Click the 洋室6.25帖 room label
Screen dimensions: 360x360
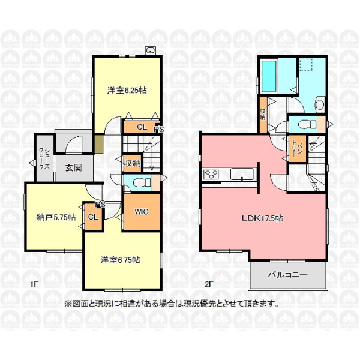[127, 90]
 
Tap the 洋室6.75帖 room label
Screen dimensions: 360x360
[121, 260]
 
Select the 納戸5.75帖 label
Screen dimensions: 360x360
[56, 217]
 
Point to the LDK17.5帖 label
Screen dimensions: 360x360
[262, 218]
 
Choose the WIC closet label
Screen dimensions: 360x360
[142, 212]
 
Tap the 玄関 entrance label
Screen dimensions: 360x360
[73, 168]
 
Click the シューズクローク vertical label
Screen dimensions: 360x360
[44, 158]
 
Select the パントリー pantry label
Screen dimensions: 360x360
[296, 149]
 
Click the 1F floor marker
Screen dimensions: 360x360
[34, 284]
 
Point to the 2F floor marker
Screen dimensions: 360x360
[209, 284]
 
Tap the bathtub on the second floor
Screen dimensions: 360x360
[269, 76]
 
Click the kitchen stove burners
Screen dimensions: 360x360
[211, 174]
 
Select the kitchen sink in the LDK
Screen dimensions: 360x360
[242, 175]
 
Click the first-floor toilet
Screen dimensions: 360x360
[142, 182]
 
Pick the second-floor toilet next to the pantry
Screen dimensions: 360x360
[307, 125]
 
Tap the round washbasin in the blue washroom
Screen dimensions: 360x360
[319, 104]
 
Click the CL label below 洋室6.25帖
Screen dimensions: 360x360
[142, 127]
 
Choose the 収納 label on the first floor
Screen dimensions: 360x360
[133, 163]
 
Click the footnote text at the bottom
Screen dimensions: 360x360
[172, 304]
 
